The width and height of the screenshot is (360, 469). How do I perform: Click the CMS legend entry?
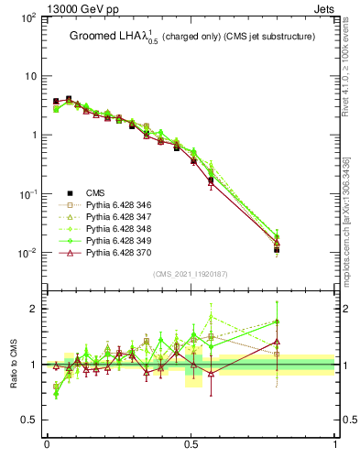tap(95, 192)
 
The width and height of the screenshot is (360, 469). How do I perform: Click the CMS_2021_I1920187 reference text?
tap(191, 274)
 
